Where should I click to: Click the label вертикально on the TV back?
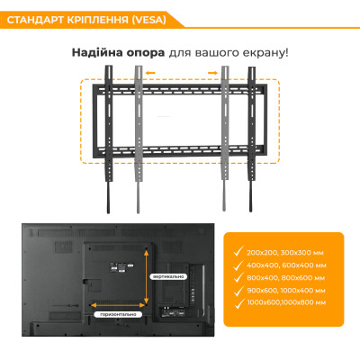[168, 275]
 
